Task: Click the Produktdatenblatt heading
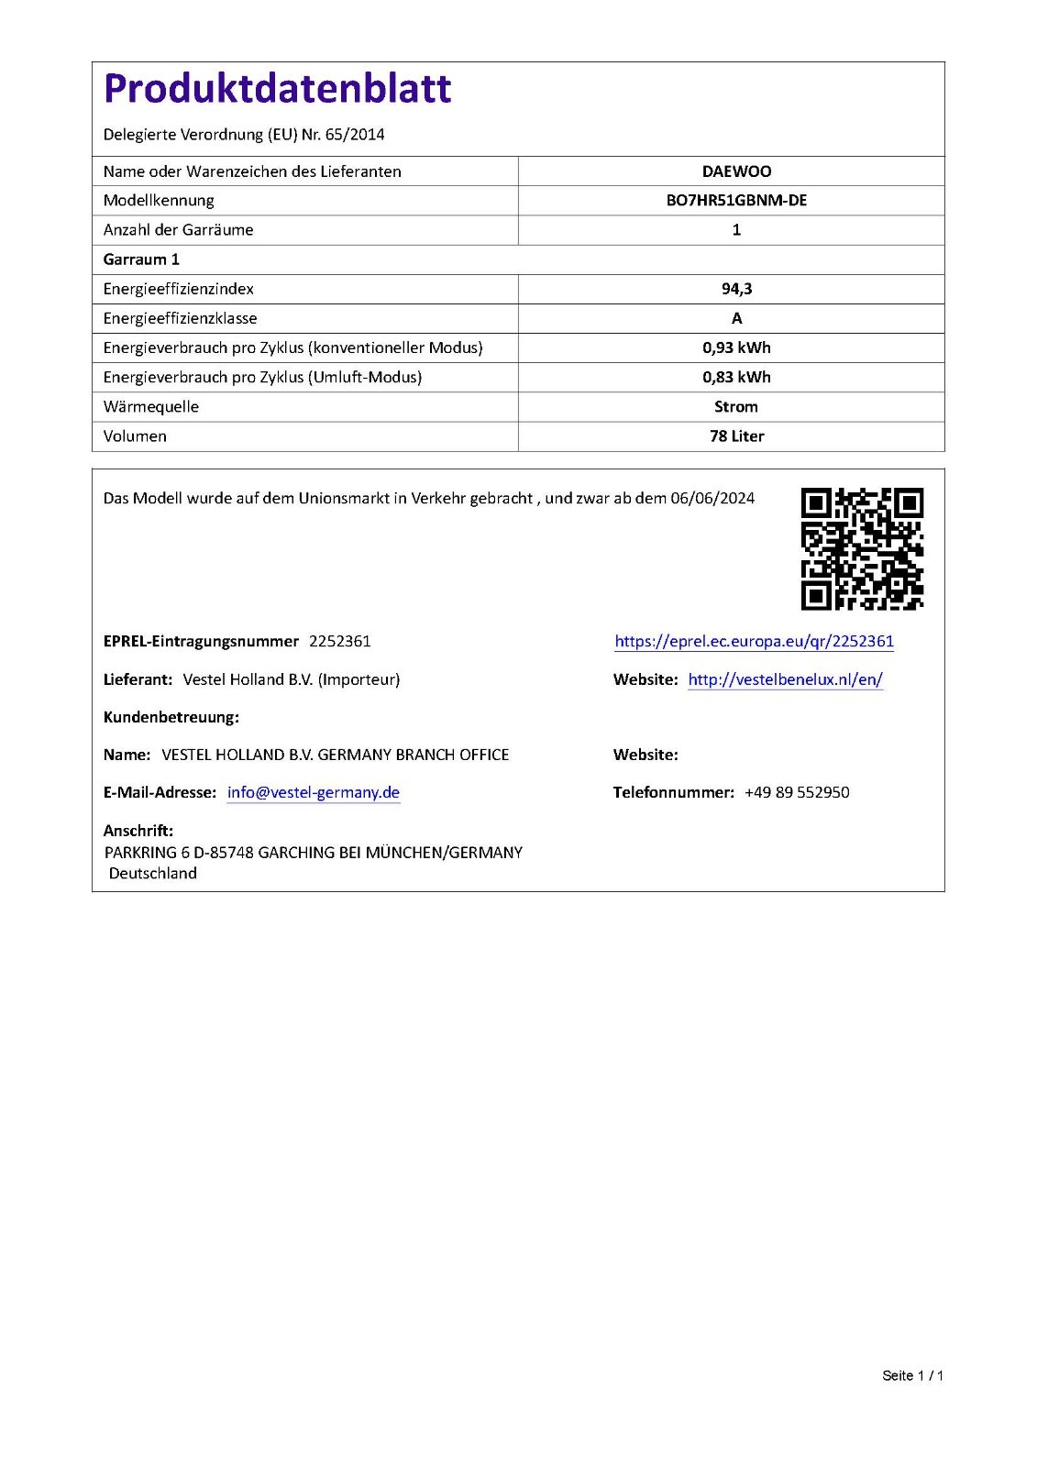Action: coord(277,89)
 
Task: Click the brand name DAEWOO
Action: coord(736,171)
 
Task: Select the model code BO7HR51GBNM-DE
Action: coord(736,201)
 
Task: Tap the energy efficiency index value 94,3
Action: coord(736,289)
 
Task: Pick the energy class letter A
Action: coord(736,318)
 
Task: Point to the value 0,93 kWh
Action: coord(736,347)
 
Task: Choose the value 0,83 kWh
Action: coord(736,377)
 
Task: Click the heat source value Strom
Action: coord(736,406)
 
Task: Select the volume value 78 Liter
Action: coord(736,436)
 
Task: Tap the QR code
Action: coord(862,548)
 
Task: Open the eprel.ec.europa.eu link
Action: coord(754,641)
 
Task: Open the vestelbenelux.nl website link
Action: coord(785,679)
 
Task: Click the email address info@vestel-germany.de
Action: coord(314,792)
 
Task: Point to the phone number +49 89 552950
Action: coord(797,792)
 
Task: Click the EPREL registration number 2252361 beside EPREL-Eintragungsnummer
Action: coord(340,641)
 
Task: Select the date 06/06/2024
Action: coord(712,498)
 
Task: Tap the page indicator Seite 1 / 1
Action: coord(912,1375)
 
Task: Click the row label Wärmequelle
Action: coord(151,406)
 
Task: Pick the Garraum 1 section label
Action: coord(141,259)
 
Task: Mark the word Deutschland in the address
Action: coord(153,873)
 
